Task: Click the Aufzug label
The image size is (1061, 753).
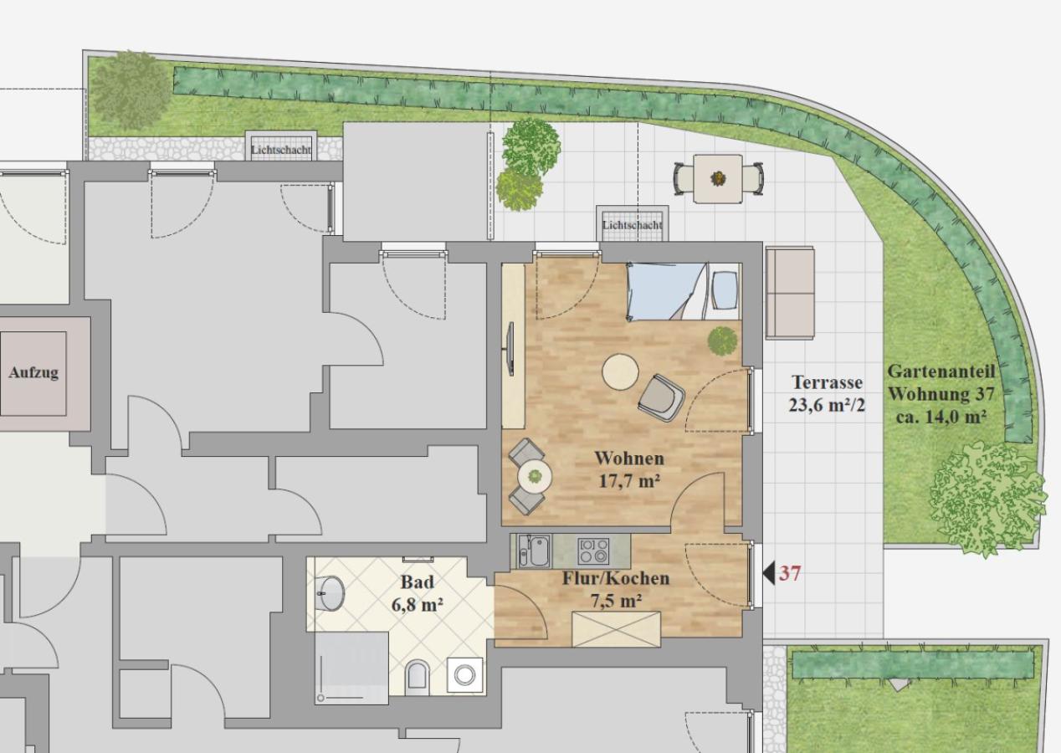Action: click(33, 372)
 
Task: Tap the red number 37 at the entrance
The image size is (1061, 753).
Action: click(790, 573)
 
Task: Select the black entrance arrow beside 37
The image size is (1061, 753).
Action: click(769, 573)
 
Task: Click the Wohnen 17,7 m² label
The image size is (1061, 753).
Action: click(629, 469)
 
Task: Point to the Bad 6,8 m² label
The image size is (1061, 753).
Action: click(418, 593)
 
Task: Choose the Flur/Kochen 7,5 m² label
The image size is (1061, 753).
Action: click(616, 590)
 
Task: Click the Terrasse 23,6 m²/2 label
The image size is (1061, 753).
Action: click(827, 393)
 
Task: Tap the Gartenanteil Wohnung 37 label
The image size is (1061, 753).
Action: click(941, 394)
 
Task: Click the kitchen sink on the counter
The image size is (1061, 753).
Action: click(534, 551)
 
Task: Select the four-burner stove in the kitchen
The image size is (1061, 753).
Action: click(593, 551)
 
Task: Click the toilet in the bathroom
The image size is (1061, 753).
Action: click(418, 674)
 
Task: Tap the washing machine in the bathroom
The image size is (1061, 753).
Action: click(464, 675)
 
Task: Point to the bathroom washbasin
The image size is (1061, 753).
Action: click(331, 593)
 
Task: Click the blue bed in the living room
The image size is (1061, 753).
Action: click(683, 291)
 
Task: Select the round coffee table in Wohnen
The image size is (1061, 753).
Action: click(620, 372)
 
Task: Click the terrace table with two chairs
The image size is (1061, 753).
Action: click(719, 178)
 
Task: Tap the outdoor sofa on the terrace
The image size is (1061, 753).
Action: click(790, 292)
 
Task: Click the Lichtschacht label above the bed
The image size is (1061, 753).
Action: click(632, 225)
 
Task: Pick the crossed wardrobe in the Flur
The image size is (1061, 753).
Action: click(616, 629)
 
